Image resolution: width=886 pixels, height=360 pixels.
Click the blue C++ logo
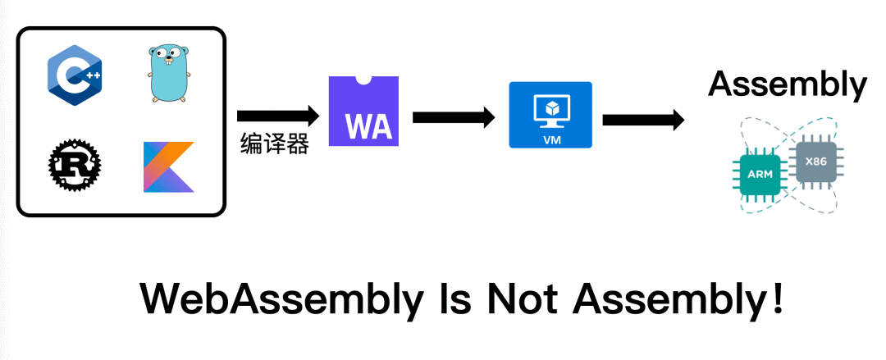pos(75,75)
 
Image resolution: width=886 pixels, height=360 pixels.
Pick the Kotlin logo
pos(169,167)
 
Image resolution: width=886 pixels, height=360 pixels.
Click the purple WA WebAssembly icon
pos(363,112)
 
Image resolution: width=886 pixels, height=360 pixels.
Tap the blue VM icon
pos(550,115)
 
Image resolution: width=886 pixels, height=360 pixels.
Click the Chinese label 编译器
pos(274,144)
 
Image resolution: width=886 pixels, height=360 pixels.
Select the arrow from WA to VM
pos(454,117)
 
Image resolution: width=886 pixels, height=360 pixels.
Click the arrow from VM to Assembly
pos(643,120)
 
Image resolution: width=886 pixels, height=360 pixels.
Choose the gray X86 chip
pos(815,162)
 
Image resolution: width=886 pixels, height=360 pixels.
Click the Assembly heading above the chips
pos(787,84)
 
